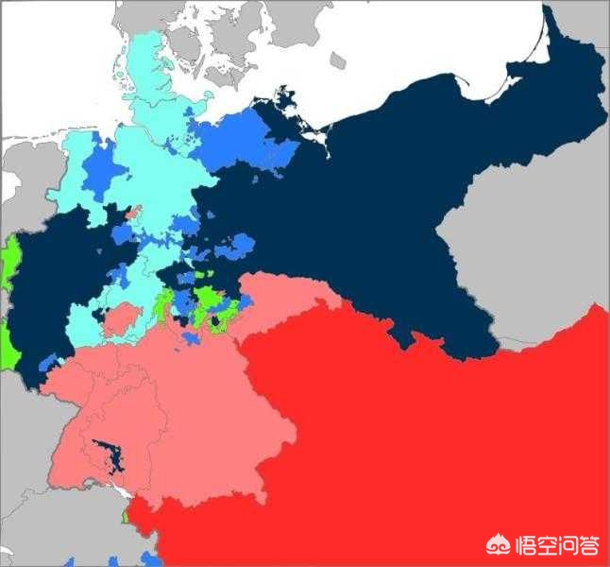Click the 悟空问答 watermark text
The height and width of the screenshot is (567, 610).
coord(557,544)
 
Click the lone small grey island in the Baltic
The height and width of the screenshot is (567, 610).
coord(337,60)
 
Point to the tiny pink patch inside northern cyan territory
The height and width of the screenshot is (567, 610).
coord(134,213)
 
